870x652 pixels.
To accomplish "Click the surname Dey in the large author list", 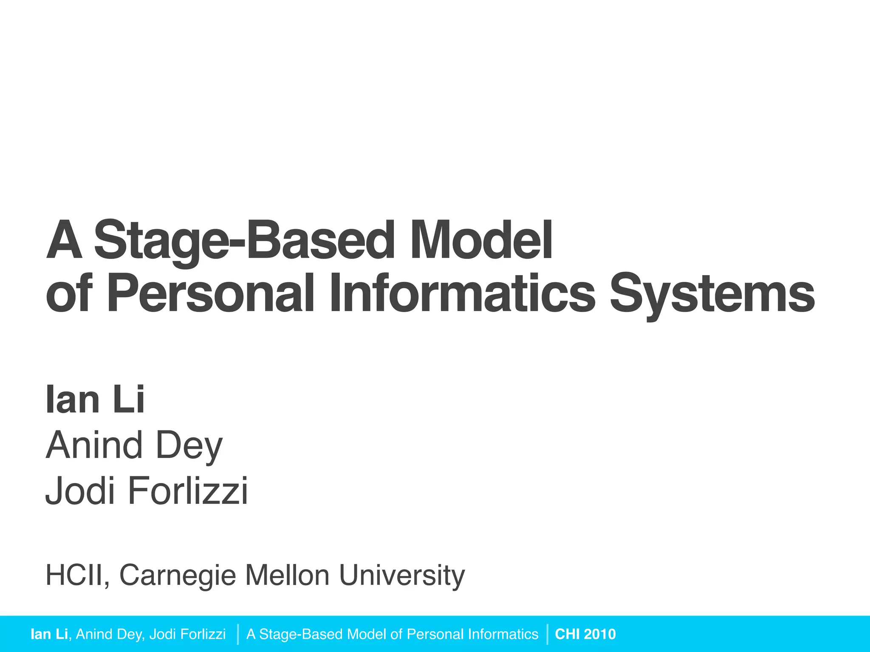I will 189,446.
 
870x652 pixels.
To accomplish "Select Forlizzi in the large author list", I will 187,491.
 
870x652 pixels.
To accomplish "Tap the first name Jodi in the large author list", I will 80,491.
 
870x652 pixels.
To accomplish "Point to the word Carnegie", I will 178,576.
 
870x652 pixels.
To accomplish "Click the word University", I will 402,576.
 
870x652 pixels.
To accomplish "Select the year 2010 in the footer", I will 600,634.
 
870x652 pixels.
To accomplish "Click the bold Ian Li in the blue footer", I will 49,634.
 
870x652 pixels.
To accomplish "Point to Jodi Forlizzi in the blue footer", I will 187,634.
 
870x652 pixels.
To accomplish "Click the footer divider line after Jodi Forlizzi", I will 238,634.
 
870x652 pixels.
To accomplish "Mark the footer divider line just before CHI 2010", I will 548,634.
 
